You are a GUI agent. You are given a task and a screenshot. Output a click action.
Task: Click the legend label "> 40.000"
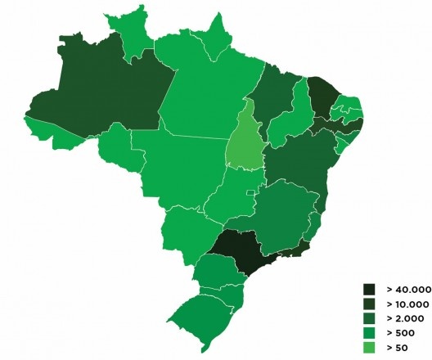point(407,290)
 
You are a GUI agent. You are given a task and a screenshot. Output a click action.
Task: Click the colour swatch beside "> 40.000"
point(370,290)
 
